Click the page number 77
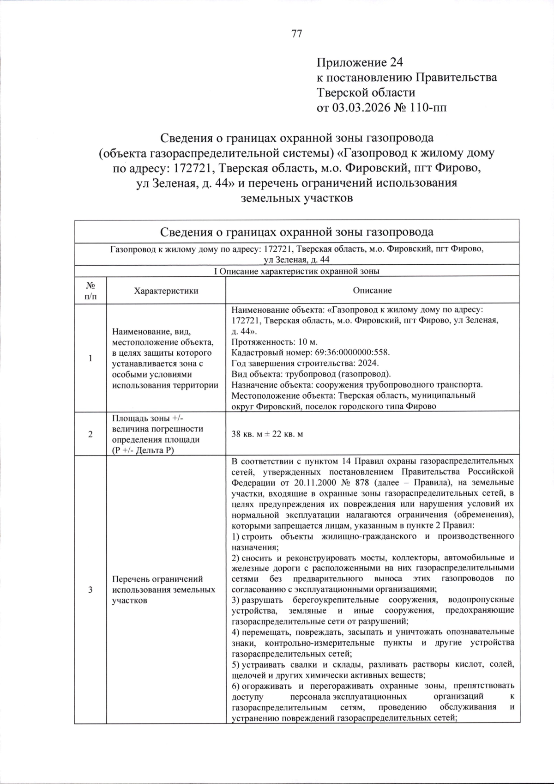pos(297,34)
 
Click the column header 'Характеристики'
pos(166,291)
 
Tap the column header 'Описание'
pos(372,291)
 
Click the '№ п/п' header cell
pos(90,291)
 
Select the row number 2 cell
pos(90,434)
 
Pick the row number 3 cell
pos(90,590)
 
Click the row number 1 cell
pos(90,358)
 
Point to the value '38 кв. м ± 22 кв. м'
pos(267,434)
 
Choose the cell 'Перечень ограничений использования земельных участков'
pos(164,590)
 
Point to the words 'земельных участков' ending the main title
pos(297,198)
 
